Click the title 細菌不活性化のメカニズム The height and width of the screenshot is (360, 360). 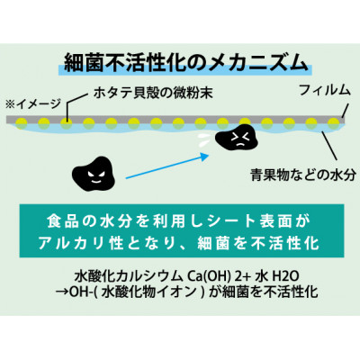186,64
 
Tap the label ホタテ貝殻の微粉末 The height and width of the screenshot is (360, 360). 153,93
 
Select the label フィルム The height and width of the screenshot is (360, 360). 325,90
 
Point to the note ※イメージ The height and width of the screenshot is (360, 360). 33,103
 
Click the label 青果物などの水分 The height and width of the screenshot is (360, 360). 303,175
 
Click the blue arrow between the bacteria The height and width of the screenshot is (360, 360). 167,166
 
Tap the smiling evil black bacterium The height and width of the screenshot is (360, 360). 94,176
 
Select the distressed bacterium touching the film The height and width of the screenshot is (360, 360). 238,139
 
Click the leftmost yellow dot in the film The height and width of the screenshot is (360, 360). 22,122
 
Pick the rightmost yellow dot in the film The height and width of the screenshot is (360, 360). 334,122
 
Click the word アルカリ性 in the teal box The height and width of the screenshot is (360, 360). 81,243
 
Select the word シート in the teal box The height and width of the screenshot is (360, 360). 230,221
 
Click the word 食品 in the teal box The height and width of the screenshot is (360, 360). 59,221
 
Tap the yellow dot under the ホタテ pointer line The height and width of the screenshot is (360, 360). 67,122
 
